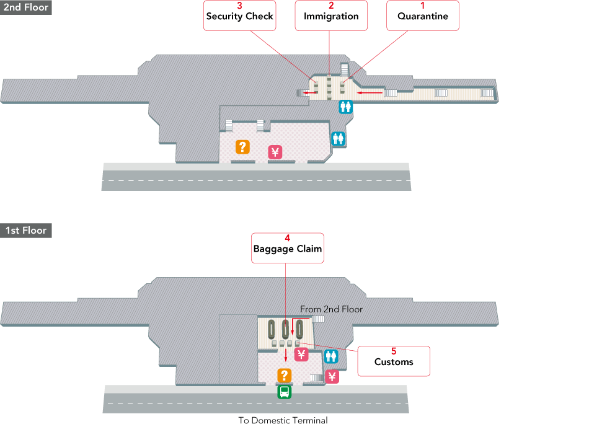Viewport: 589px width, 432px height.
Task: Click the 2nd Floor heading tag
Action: pos(25,7)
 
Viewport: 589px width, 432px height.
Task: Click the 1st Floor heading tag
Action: pos(25,231)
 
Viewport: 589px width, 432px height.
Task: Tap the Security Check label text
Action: pos(239,17)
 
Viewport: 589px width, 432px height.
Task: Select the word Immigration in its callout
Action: pos(331,17)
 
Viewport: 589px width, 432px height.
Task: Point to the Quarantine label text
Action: pos(422,17)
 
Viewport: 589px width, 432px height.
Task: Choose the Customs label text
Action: pos(393,362)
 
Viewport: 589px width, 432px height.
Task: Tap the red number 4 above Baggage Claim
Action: pos(287,238)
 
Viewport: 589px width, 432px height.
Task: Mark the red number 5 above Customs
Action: pos(393,351)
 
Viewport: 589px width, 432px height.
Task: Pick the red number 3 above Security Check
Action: pos(239,6)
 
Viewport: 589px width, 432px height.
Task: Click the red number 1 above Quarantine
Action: pos(422,6)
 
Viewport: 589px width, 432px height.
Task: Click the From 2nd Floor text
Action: pos(331,309)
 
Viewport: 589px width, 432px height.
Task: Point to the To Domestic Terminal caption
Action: pos(283,420)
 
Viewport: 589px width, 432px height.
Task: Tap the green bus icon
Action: pos(284,392)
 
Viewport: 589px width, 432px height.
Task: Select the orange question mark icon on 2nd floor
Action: pos(242,147)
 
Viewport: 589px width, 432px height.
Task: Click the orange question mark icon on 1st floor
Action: pos(284,376)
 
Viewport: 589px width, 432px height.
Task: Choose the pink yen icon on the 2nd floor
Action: pos(275,152)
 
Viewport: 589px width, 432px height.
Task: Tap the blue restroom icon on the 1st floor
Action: pos(331,356)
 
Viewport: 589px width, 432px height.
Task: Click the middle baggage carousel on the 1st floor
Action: pos(285,328)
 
